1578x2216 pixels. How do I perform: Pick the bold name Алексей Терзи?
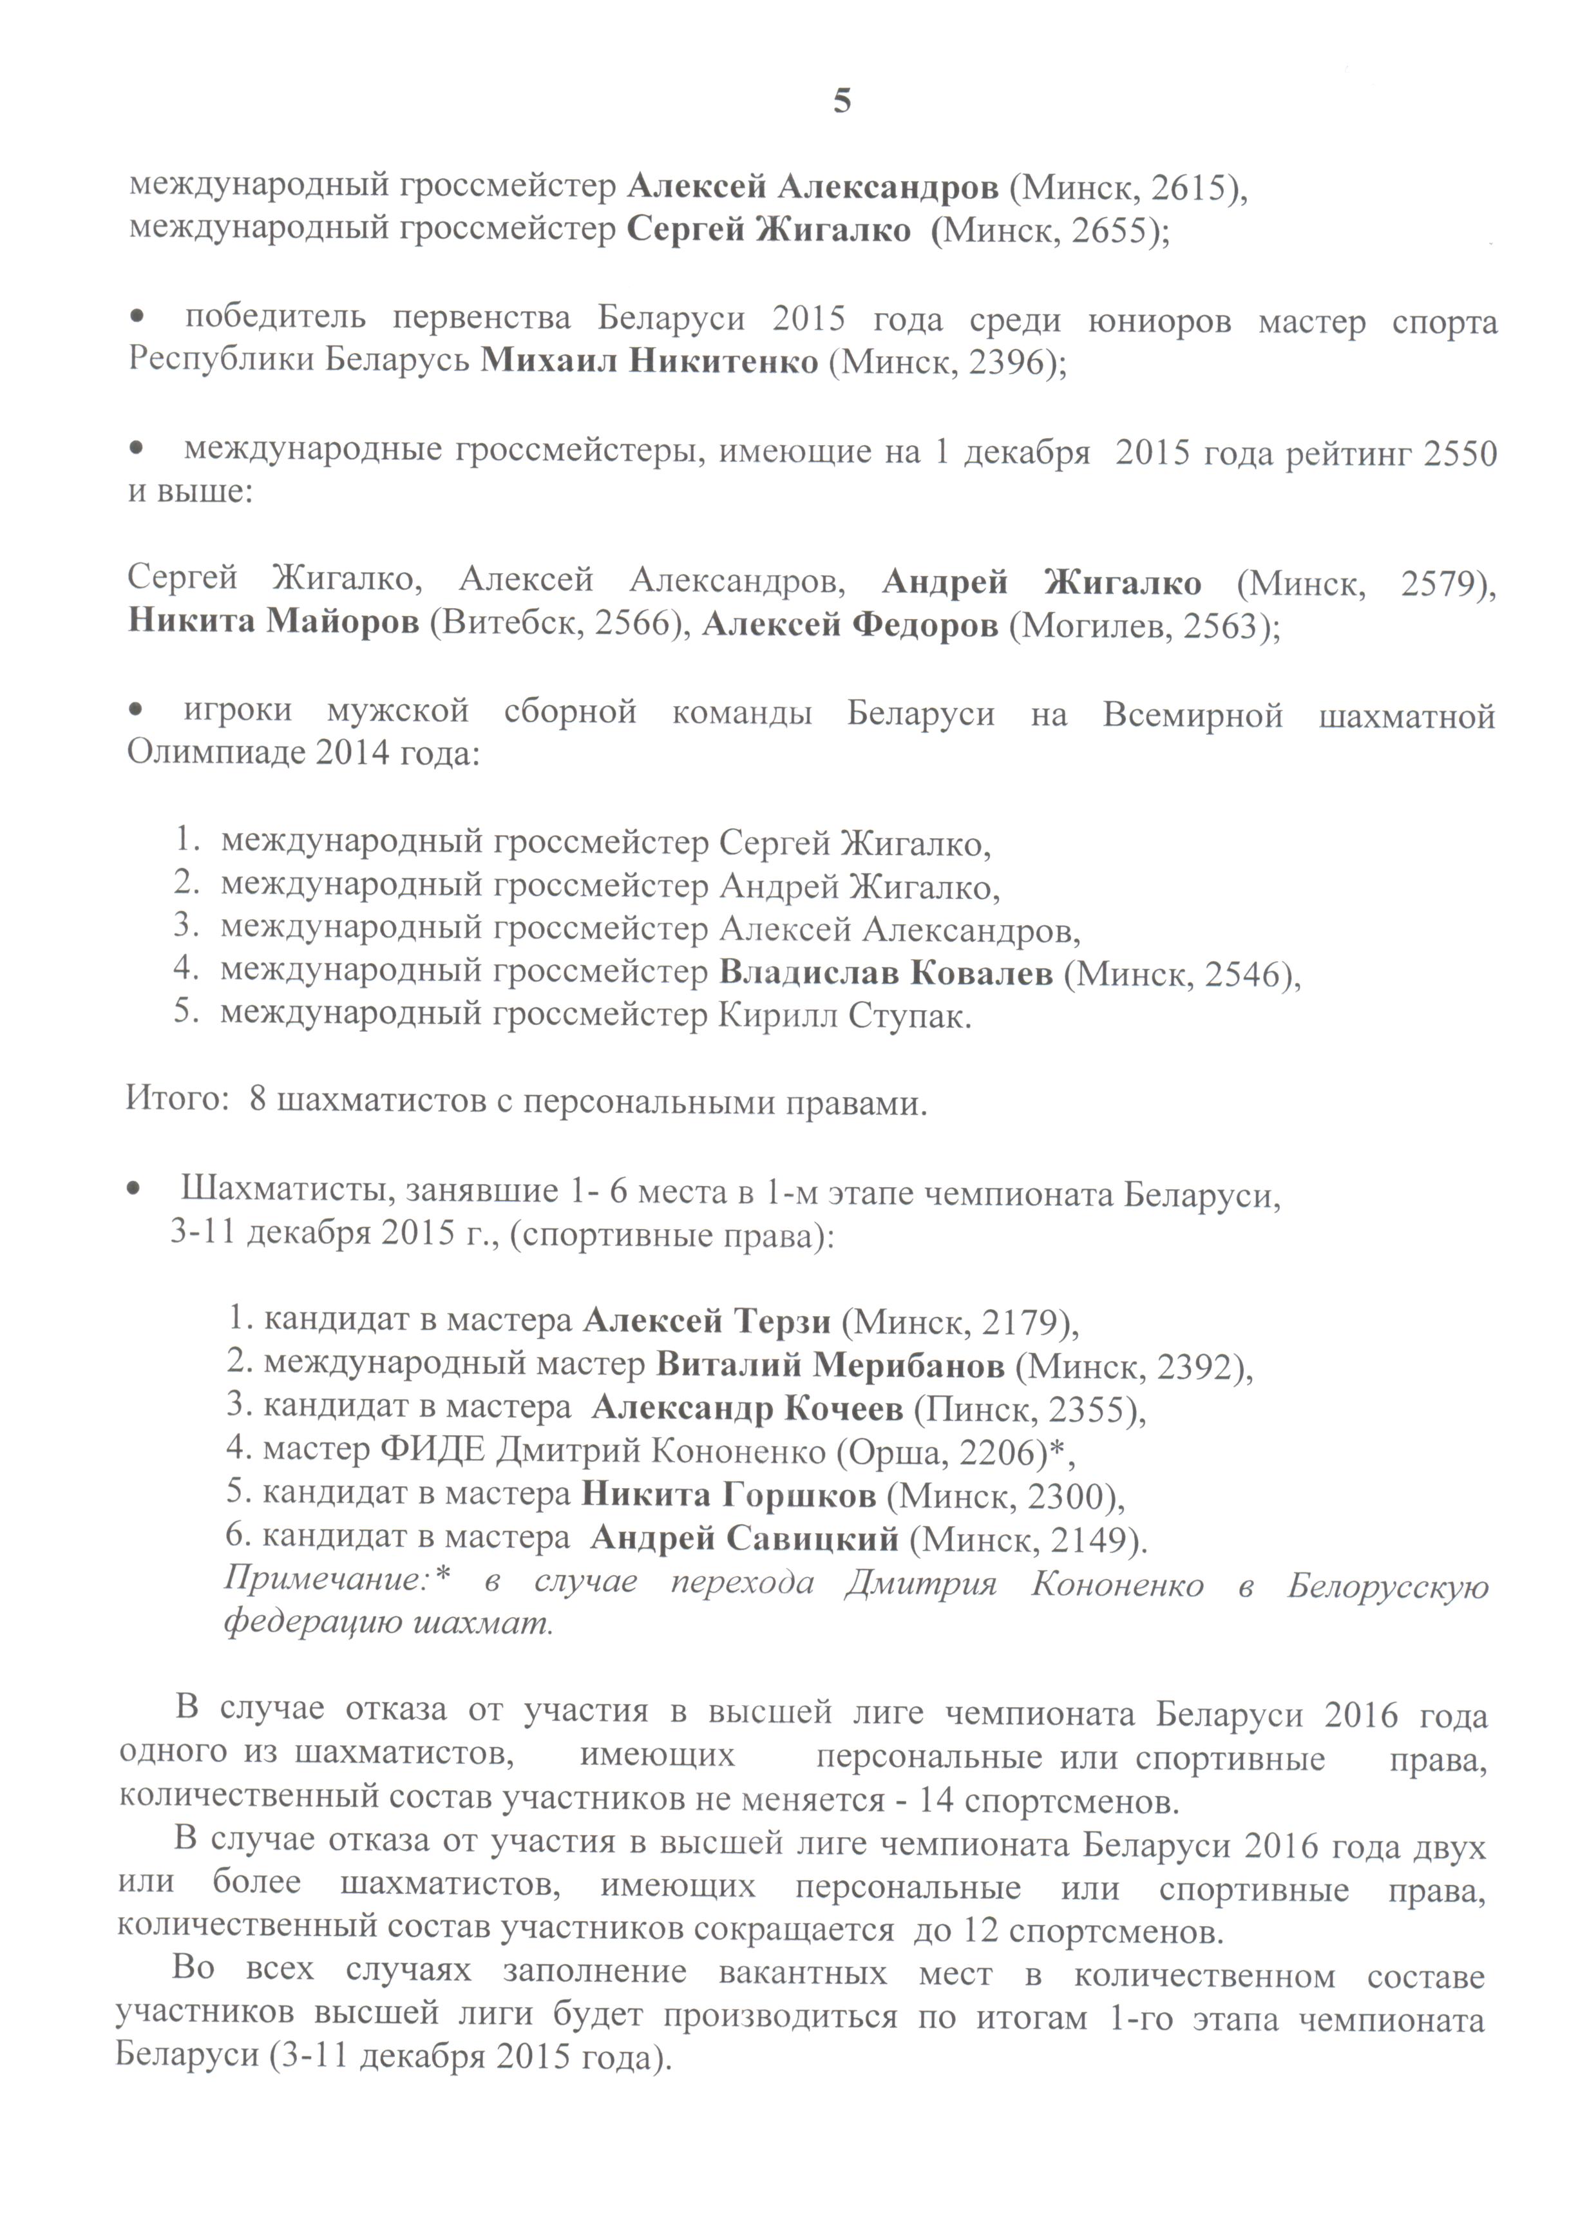707,1321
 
